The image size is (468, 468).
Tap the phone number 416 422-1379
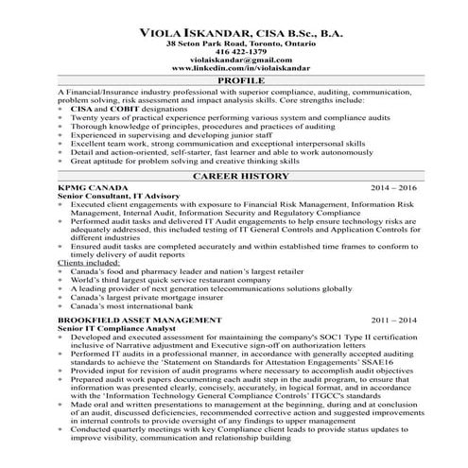coord(234,52)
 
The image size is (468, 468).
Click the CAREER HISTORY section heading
coord(234,176)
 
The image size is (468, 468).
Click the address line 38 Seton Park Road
coord(234,43)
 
